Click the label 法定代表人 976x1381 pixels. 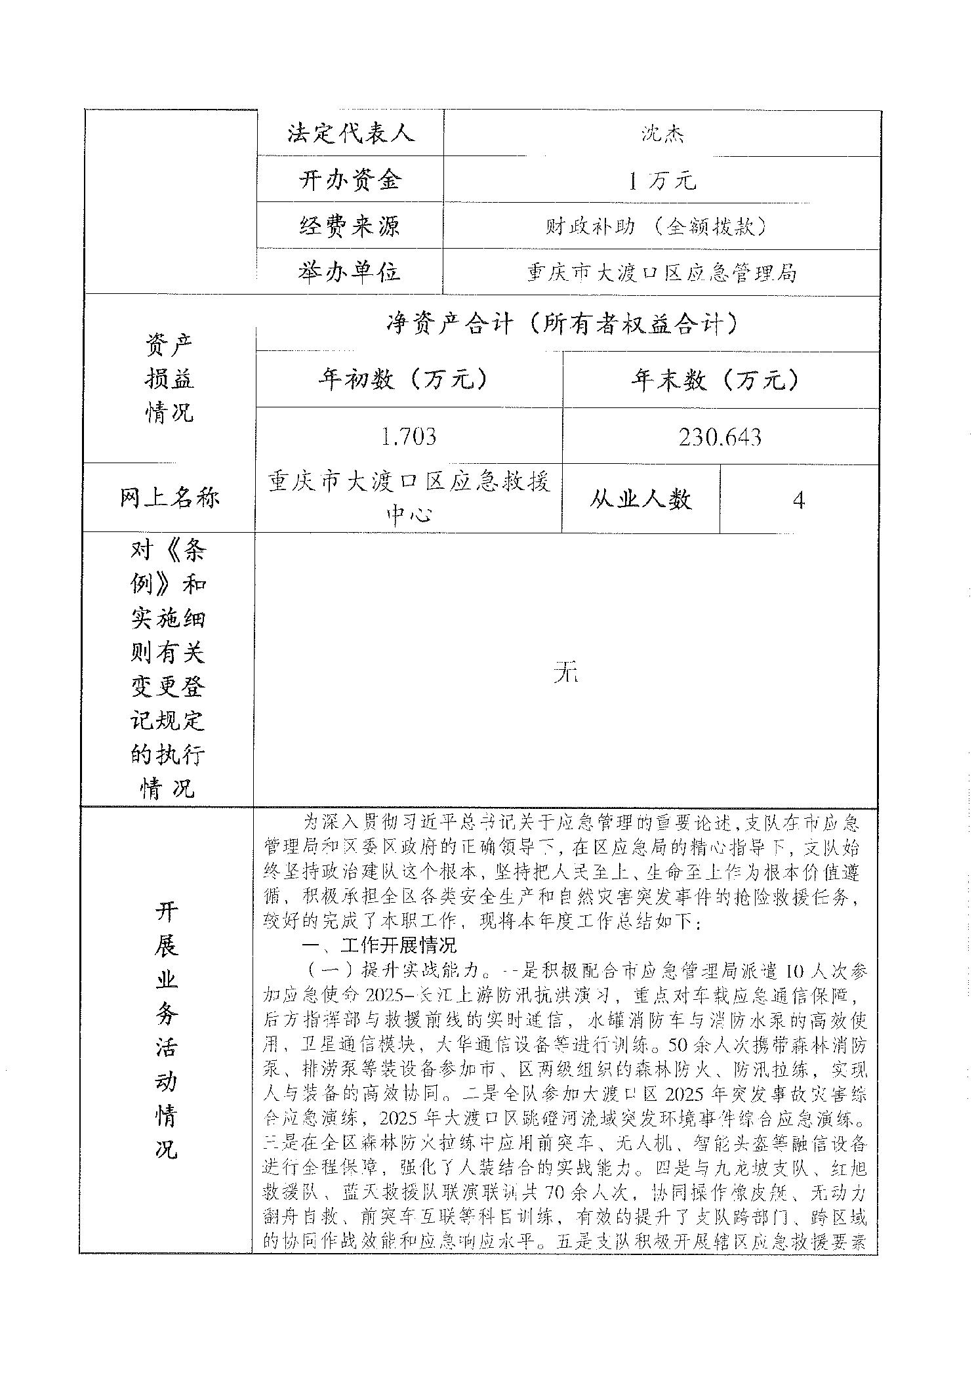350,133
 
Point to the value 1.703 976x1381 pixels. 409,436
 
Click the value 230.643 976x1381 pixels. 720,436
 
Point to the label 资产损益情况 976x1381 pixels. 169,379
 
